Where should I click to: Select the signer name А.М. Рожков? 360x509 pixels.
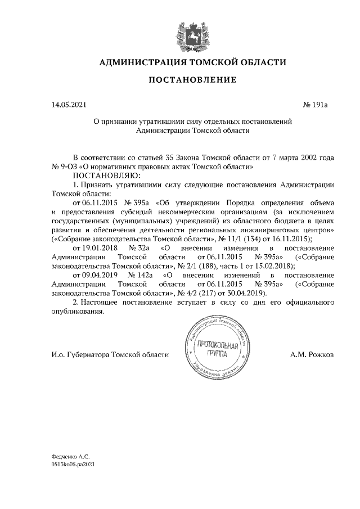[x=312, y=355]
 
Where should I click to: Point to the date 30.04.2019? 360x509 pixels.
[x=246, y=293]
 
